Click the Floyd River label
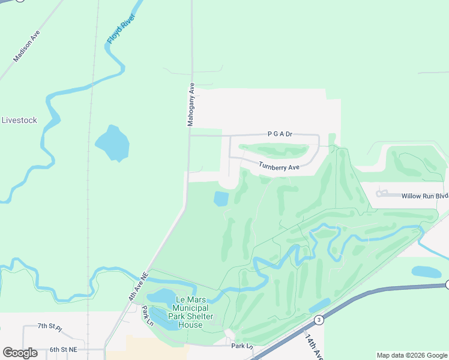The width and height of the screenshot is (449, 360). pyautogui.click(x=121, y=28)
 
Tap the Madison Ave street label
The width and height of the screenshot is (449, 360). pyautogui.click(x=26, y=46)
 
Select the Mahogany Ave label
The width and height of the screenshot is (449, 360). pyautogui.click(x=191, y=104)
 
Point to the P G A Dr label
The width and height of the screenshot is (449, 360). pyautogui.click(x=280, y=134)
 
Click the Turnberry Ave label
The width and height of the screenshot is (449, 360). pyautogui.click(x=279, y=167)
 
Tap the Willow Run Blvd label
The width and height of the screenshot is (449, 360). pyautogui.click(x=425, y=196)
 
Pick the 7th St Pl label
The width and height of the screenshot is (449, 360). pyautogui.click(x=50, y=326)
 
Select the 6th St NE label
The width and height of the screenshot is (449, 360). pyautogui.click(x=64, y=349)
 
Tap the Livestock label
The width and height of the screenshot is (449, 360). pyautogui.click(x=19, y=120)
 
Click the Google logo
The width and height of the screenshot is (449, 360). pyautogui.click(x=20, y=353)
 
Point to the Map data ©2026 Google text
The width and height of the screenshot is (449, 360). pyautogui.click(x=412, y=355)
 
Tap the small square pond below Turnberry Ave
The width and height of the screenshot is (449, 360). pyautogui.click(x=221, y=197)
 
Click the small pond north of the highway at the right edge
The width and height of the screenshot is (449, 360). pyautogui.click(x=426, y=272)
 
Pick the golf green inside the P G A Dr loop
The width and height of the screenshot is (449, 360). pyautogui.click(x=274, y=149)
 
